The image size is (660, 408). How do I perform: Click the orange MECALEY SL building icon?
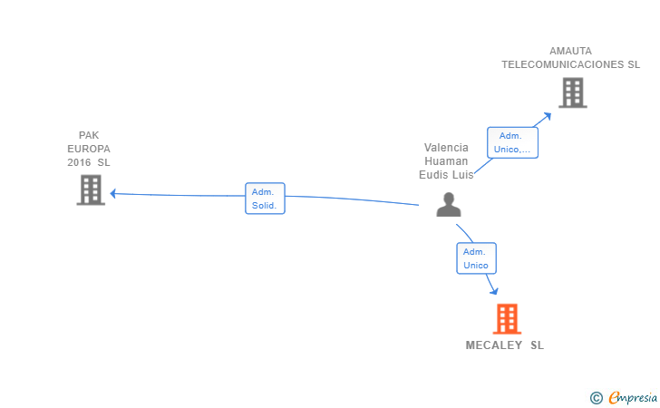[507, 319]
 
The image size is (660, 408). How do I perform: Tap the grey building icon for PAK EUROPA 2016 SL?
[91, 189]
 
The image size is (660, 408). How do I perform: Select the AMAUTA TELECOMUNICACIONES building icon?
[572, 92]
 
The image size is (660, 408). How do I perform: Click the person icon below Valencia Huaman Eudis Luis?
[448, 205]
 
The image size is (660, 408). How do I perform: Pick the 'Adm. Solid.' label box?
[265, 199]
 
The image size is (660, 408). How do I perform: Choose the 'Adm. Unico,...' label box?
[513, 142]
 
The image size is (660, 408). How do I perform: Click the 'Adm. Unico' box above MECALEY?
[476, 258]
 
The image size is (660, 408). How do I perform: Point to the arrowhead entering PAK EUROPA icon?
[113, 193]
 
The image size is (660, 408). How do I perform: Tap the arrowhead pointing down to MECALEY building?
[494, 290]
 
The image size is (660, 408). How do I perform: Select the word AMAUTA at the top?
[570, 51]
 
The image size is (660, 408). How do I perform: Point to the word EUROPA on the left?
[89, 149]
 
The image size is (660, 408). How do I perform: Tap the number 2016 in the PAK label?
[80, 162]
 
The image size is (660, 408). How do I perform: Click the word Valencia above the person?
[446, 148]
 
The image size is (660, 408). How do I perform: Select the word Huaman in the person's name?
[446, 161]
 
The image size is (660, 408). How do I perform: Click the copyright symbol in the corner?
[596, 397]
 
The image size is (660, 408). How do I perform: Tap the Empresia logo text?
[633, 397]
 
